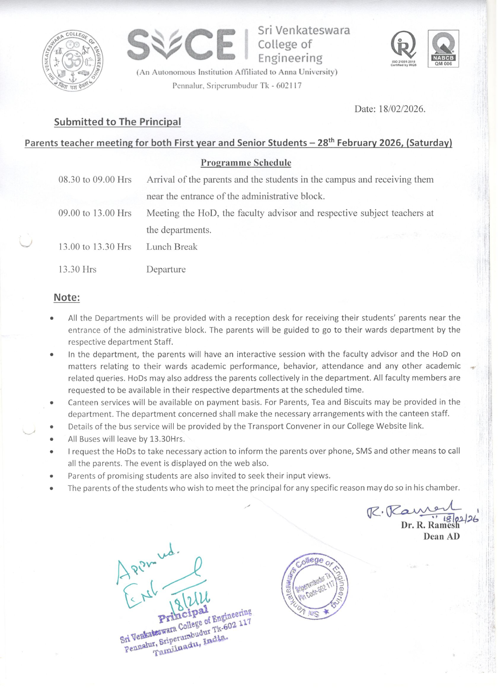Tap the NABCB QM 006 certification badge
(x=443, y=48)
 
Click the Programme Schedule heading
(x=246, y=163)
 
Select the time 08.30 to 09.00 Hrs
(x=95, y=180)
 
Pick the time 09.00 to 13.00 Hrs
(x=95, y=213)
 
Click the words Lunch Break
(x=172, y=247)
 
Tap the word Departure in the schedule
(x=166, y=269)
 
